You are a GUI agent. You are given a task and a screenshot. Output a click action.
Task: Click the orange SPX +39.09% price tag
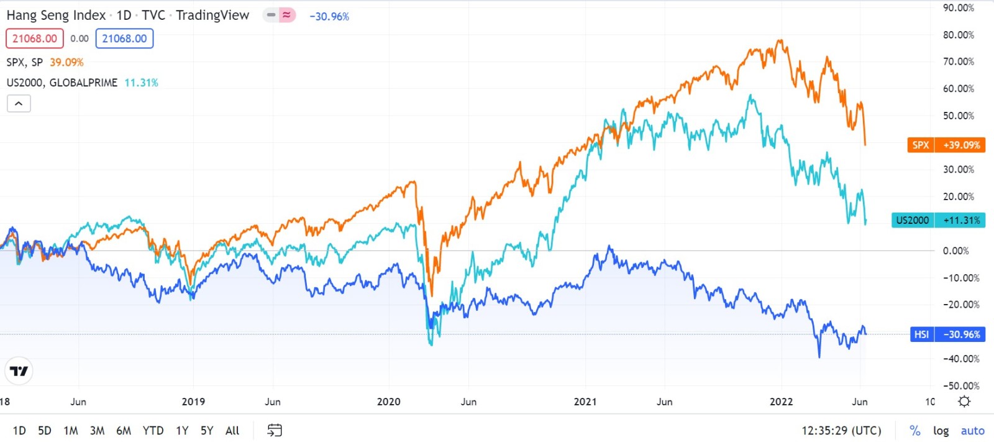(946, 145)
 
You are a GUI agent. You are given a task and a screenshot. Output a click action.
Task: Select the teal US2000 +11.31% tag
(938, 220)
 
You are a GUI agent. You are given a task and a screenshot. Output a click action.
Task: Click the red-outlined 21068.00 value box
(35, 39)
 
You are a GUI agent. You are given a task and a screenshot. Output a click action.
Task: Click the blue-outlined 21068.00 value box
(124, 39)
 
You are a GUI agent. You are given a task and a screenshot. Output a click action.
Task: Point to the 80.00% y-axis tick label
(958, 35)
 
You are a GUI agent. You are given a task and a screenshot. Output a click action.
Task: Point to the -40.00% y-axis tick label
(960, 359)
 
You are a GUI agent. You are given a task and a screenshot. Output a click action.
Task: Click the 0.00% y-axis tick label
(955, 251)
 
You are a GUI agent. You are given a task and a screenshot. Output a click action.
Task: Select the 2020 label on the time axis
(389, 402)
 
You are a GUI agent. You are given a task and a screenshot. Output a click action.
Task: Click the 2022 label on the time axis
(781, 402)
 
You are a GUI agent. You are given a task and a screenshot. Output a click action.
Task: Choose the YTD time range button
(153, 430)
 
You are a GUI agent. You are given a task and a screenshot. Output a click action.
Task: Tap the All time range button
(232, 430)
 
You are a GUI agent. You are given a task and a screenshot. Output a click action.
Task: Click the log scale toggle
(941, 430)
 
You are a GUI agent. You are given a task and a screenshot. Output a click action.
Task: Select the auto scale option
(972, 430)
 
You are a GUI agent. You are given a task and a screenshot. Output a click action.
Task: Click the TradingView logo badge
(19, 371)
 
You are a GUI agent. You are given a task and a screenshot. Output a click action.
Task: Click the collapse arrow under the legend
(19, 104)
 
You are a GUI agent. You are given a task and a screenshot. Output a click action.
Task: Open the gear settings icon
(964, 402)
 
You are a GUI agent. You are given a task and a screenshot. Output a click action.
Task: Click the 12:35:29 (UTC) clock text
(841, 430)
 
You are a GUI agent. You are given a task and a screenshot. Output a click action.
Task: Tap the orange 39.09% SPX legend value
(66, 62)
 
